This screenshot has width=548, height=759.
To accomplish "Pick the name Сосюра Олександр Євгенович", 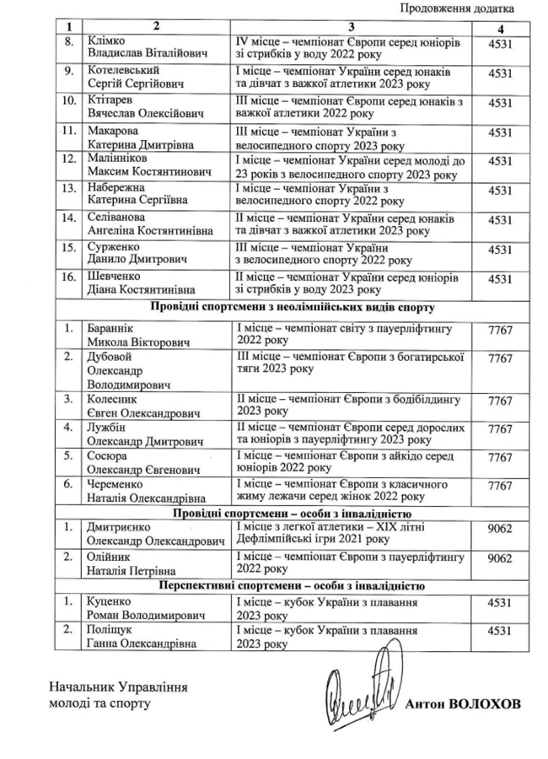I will click(142, 462).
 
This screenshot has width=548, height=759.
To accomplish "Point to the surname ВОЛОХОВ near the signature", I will click(486, 702).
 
